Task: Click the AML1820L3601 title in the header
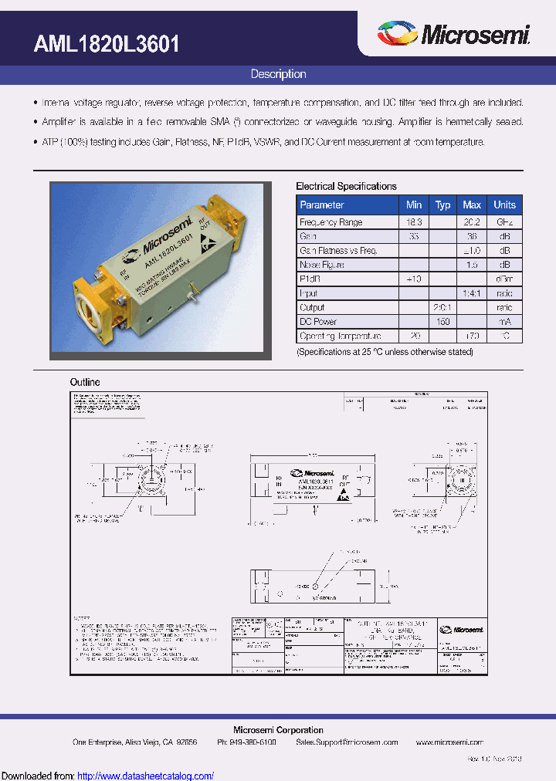pos(107,44)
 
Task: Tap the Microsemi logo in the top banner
pos(453,35)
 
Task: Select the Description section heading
pos(278,74)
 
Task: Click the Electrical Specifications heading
pos(347,186)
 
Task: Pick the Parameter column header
pos(322,205)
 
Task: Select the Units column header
pos(505,205)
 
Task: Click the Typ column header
pos(442,205)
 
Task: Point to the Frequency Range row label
pos(331,222)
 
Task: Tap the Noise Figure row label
pos(322,265)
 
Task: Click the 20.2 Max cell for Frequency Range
pos(472,222)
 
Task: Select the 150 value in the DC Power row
pos(442,322)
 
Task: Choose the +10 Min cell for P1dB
pos(414,279)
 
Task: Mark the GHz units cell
pos(505,222)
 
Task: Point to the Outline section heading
pos(85,382)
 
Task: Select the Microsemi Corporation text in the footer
pos(278,730)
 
